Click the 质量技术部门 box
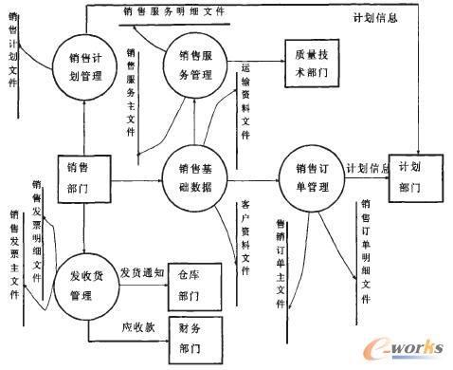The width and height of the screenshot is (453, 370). [312, 62]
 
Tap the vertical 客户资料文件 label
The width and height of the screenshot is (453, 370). [246, 228]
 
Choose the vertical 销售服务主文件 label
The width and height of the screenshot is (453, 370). [130, 95]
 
